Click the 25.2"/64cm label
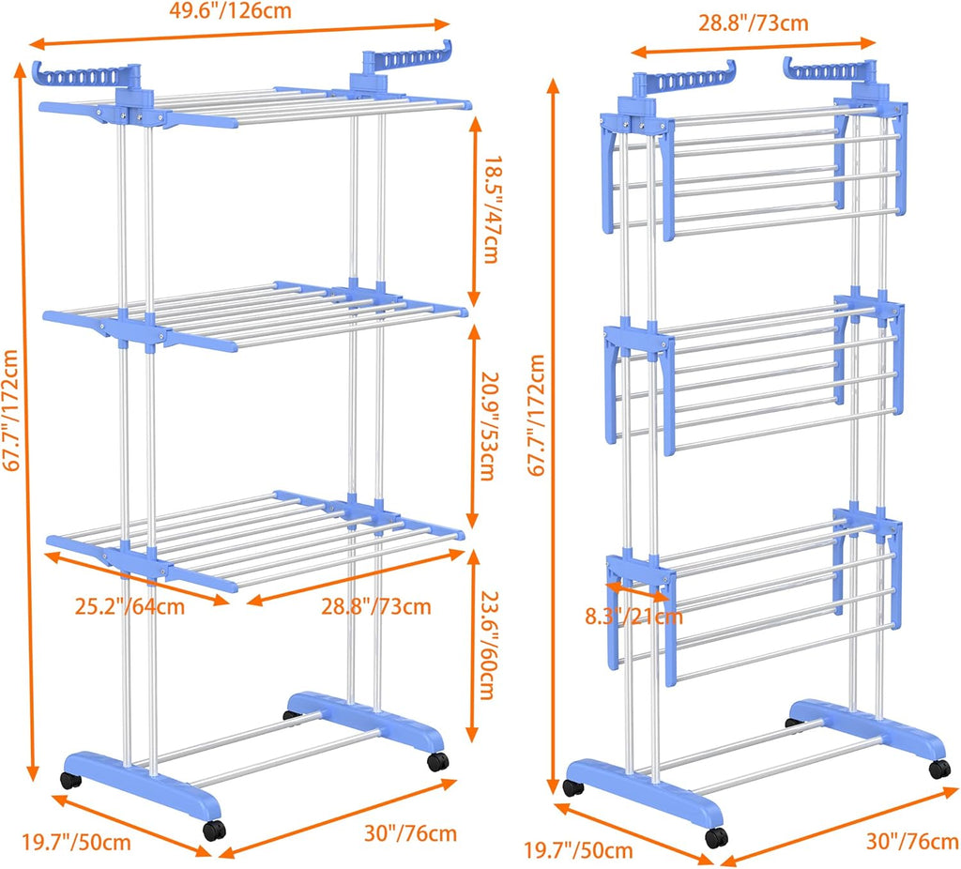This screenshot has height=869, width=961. click(130, 605)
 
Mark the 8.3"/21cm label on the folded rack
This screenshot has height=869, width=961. click(633, 617)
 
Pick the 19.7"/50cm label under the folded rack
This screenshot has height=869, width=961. click(577, 851)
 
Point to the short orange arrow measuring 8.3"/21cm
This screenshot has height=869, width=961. click(638, 591)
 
